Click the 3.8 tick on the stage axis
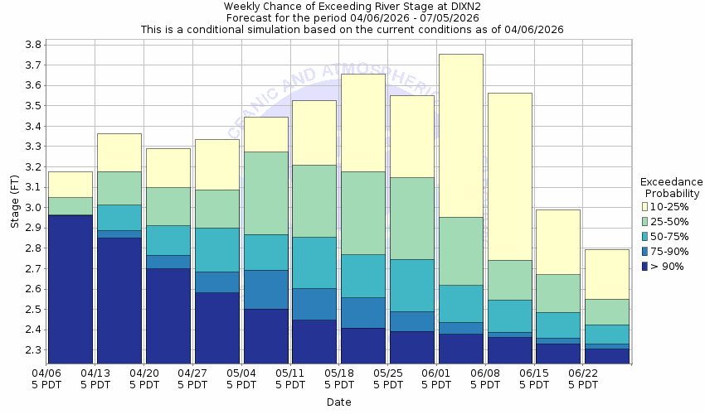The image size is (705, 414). click(x=32, y=45)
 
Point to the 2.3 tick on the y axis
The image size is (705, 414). click(x=32, y=350)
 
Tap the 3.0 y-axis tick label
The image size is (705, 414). click(x=32, y=207)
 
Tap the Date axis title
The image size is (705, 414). click(x=338, y=402)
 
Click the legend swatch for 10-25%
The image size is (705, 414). click(x=645, y=206)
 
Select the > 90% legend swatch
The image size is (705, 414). click(x=645, y=267)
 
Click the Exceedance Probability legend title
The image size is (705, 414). click(x=671, y=187)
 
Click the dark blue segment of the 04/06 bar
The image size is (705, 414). click(x=70, y=289)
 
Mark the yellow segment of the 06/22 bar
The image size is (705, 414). click(x=606, y=274)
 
